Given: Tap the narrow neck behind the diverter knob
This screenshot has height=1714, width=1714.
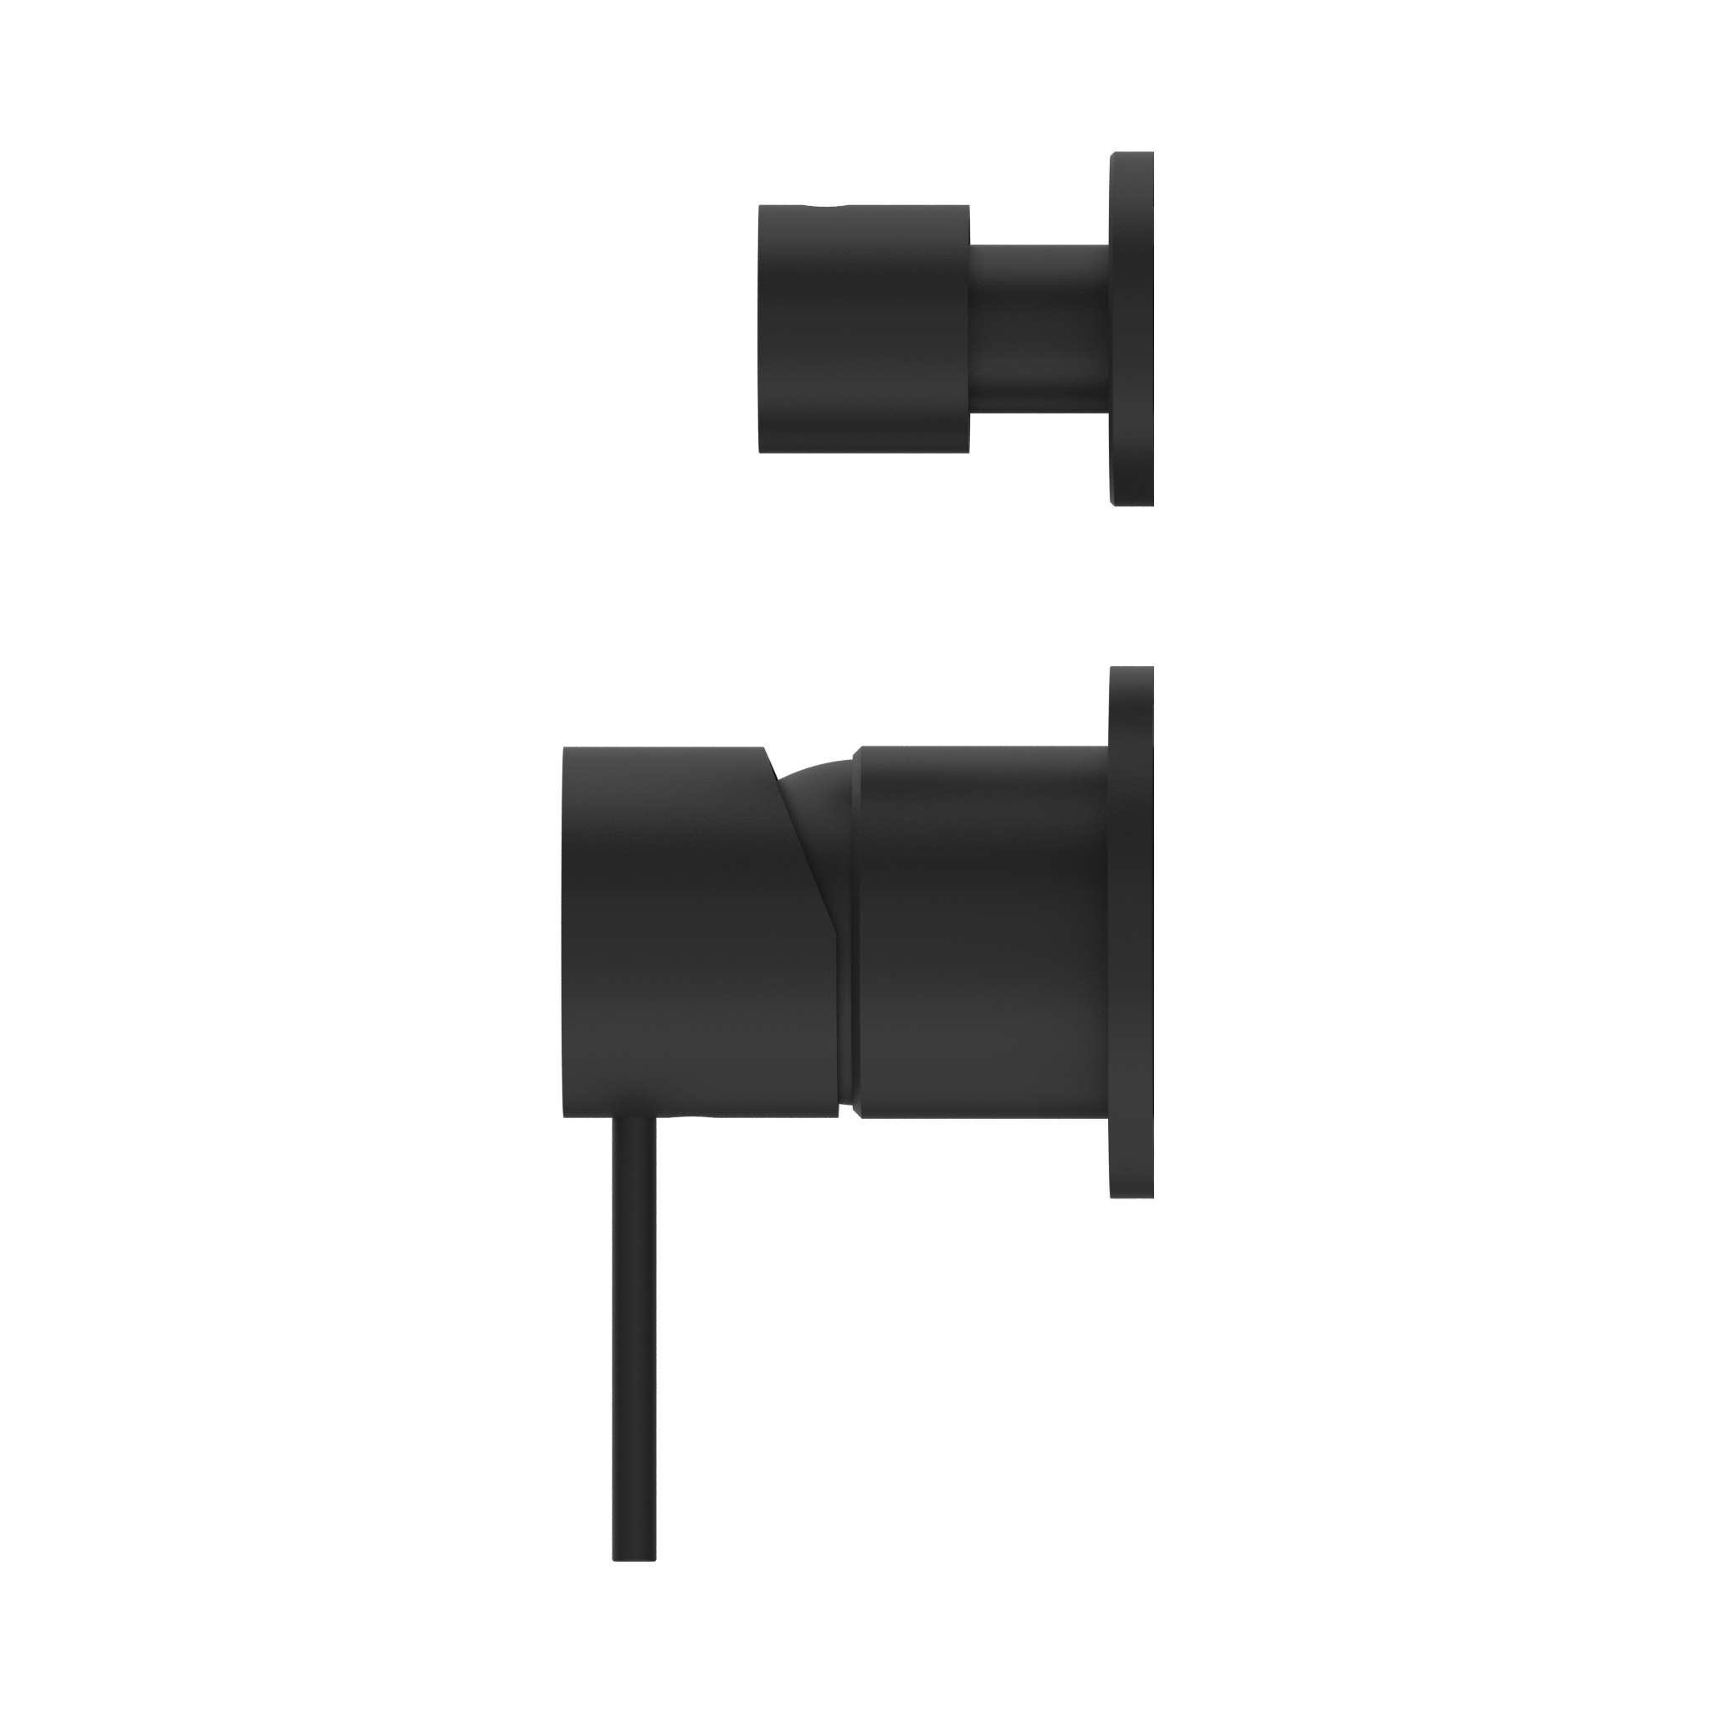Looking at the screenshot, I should pyautogui.click(x=1039, y=329).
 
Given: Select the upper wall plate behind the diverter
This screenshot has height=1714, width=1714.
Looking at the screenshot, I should pyautogui.click(x=1132, y=329).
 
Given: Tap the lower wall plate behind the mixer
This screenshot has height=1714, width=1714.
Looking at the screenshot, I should pyautogui.click(x=1132, y=931).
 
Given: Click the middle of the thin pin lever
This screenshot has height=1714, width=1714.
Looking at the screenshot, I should pyautogui.click(x=634, y=1313).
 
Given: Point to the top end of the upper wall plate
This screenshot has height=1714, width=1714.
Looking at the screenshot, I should pyautogui.click(x=1132, y=158).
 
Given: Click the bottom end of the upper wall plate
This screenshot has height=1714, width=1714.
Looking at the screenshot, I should pyautogui.click(x=1132, y=500).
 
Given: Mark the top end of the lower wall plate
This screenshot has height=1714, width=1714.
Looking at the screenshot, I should pyautogui.click(x=1132, y=675).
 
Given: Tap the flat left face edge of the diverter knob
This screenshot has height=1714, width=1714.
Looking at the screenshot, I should pyautogui.click(x=762, y=329).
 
